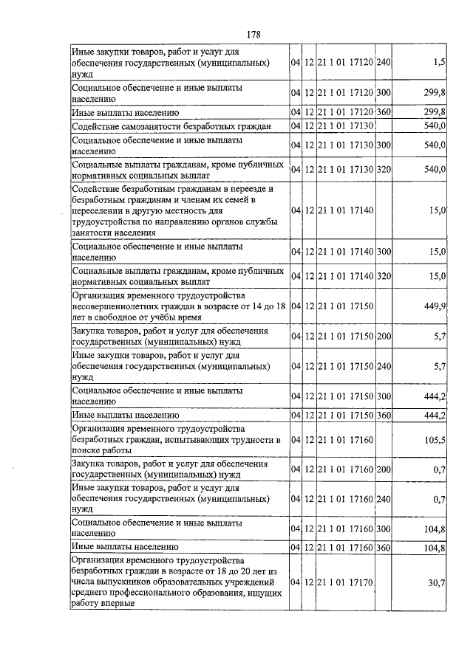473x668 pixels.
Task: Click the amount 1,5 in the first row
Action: (x=440, y=63)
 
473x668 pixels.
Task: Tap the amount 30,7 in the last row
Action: (x=436, y=583)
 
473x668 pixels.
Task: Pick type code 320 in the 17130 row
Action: (x=383, y=170)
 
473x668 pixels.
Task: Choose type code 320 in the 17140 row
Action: (x=383, y=276)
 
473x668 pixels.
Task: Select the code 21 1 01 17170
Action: (x=345, y=583)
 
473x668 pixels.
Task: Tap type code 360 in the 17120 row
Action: (x=383, y=112)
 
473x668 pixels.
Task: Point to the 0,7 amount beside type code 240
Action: (x=439, y=500)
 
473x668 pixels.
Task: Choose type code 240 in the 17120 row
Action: (x=383, y=63)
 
